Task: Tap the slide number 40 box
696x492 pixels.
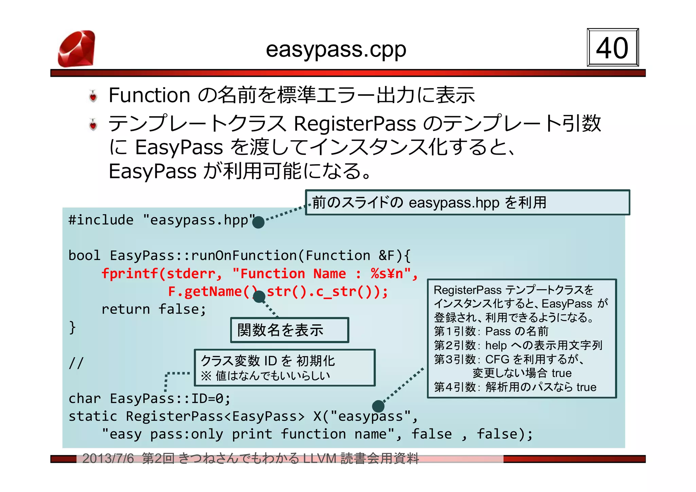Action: tap(612, 48)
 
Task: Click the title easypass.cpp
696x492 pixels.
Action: tap(336, 50)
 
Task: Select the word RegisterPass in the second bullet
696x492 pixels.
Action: tap(354, 123)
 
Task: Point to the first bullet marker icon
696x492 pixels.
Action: tap(93, 96)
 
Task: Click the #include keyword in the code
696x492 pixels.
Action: tap(101, 220)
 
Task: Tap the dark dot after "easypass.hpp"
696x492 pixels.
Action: tap(258, 222)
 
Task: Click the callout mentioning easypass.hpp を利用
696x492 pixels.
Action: tap(467, 203)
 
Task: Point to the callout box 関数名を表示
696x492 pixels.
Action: tap(290, 330)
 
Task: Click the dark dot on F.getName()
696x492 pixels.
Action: tap(259, 297)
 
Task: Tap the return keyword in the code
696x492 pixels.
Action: tap(125, 310)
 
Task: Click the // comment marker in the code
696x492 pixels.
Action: tap(76, 363)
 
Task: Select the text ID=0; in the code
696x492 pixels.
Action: tap(211, 399)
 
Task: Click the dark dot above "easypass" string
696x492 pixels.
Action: tap(378, 406)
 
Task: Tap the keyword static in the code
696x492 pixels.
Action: tap(92, 417)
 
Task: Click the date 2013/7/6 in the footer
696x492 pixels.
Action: tap(108, 459)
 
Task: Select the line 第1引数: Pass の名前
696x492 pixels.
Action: tap(491, 331)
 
